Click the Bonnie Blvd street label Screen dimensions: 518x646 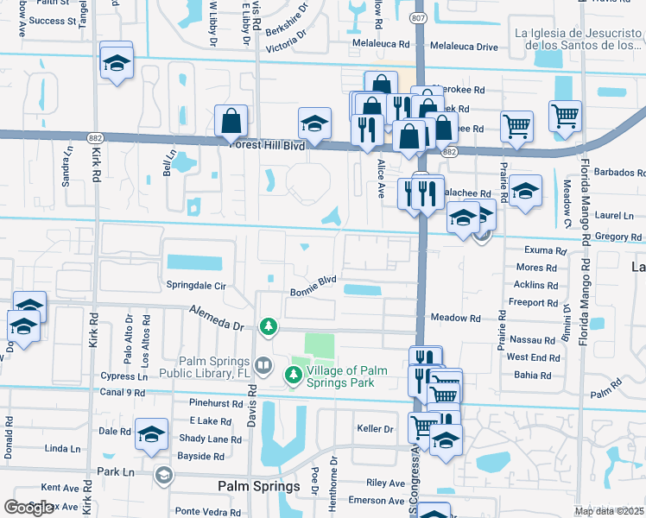click(x=313, y=280)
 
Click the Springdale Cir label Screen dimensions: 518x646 click(x=196, y=285)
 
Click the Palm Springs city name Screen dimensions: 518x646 click(x=258, y=486)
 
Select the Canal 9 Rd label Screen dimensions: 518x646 click(x=123, y=393)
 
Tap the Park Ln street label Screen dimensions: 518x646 click(x=116, y=472)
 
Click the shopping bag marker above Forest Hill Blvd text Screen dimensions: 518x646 click(x=231, y=122)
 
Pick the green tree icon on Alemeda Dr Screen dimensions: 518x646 click(x=269, y=325)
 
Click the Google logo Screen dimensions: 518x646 click(x=29, y=508)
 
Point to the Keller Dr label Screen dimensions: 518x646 click(x=375, y=428)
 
